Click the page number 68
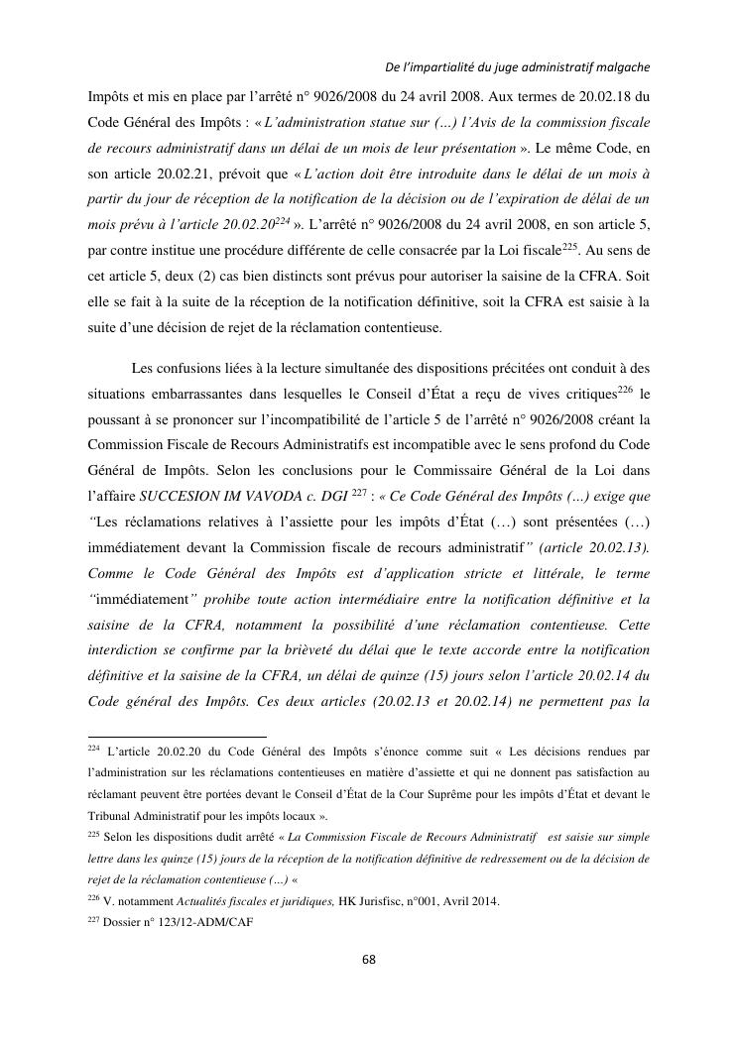(369, 960)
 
